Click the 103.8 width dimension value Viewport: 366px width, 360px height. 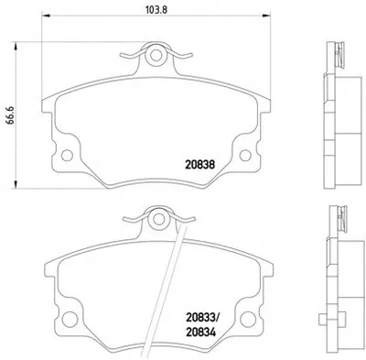(156, 10)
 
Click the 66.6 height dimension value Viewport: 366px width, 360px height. (11, 115)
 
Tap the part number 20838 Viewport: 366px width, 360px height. (199, 165)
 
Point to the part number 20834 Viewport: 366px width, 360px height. (200, 332)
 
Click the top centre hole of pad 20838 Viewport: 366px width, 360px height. (156, 55)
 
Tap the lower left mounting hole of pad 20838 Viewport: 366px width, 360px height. (67, 156)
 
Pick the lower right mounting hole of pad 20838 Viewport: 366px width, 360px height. (245, 156)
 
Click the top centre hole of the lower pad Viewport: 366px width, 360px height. (158, 219)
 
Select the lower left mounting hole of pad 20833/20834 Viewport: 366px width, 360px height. (70, 319)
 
